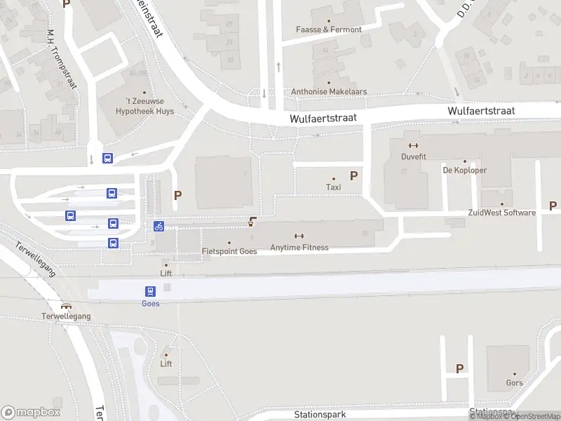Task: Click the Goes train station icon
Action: (150, 291)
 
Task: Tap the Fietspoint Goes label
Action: (229, 251)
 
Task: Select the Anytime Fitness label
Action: (299, 247)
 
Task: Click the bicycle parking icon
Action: (159, 226)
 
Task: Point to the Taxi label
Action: (334, 187)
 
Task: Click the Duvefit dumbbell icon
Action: (414, 146)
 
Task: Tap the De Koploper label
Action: (464, 171)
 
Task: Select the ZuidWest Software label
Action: (501, 213)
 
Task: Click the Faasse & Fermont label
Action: (329, 29)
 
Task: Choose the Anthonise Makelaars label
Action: (329, 92)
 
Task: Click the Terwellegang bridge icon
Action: (66, 306)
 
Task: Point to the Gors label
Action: (514, 383)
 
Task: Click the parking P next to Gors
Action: (460, 368)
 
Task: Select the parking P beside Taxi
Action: (353, 176)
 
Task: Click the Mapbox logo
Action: (31, 413)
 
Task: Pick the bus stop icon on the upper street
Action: (107, 159)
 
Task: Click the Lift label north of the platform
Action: (166, 274)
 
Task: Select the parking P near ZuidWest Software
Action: (553, 206)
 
